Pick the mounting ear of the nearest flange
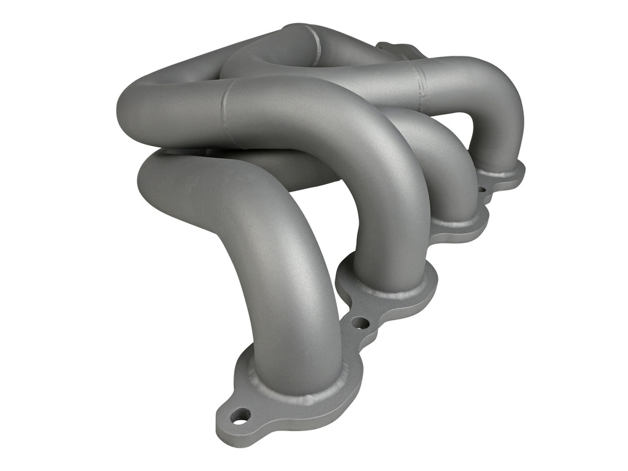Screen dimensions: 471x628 pos(233,423)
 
